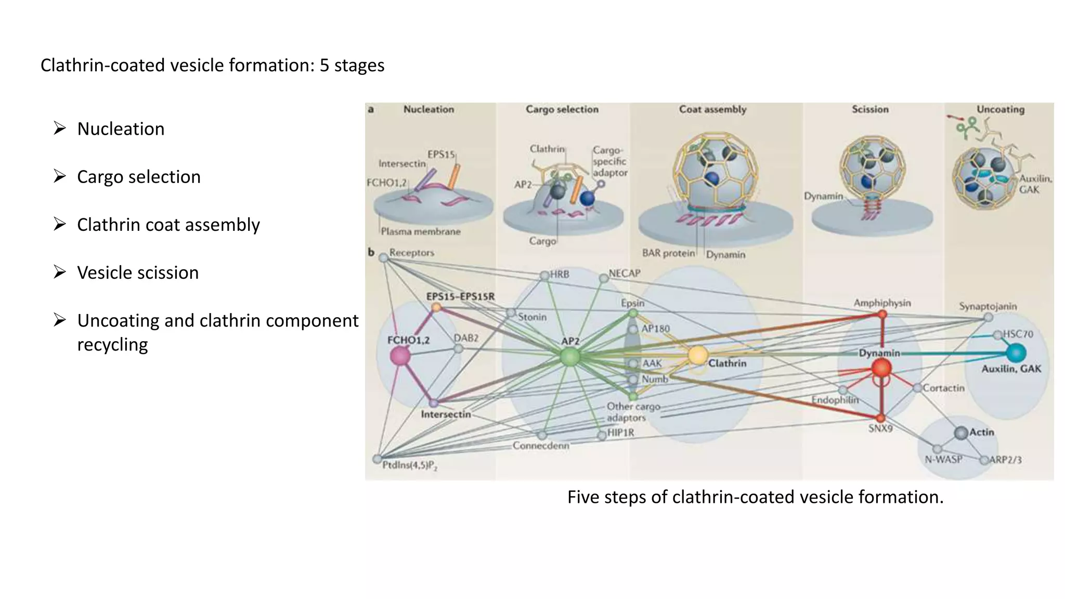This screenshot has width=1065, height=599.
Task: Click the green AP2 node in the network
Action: click(x=570, y=357)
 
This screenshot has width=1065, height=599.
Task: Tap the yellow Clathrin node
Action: click(x=697, y=356)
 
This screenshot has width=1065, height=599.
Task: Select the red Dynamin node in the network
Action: click(x=881, y=368)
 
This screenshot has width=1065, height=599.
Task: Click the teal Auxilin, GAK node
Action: click(x=1016, y=353)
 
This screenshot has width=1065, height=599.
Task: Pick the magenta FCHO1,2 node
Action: click(x=400, y=356)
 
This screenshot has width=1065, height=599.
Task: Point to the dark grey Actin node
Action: click(x=961, y=433)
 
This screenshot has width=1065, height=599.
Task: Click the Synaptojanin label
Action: click(x=988, y=306)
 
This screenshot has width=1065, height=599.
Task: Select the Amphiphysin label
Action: click(x=882, y=303)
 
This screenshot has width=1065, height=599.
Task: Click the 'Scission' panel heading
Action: click(x=870, y=109)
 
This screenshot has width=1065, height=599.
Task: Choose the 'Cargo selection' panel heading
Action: click(x=562, y=109)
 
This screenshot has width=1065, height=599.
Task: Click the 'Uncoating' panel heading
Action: click(x=1000, y=109)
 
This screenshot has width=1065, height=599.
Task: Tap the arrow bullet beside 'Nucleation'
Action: click(x=60, y=128)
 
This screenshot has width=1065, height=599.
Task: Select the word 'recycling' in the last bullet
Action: click(x=112, y=344)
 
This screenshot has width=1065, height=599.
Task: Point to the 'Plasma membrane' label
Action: click(x=420, y=231)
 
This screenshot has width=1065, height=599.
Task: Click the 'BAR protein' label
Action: click(x=668, y=253)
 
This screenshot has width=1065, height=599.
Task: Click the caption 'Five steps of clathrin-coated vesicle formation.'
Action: click(x=755, y=497)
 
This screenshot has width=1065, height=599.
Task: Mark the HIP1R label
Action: click(x=620, y=432)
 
